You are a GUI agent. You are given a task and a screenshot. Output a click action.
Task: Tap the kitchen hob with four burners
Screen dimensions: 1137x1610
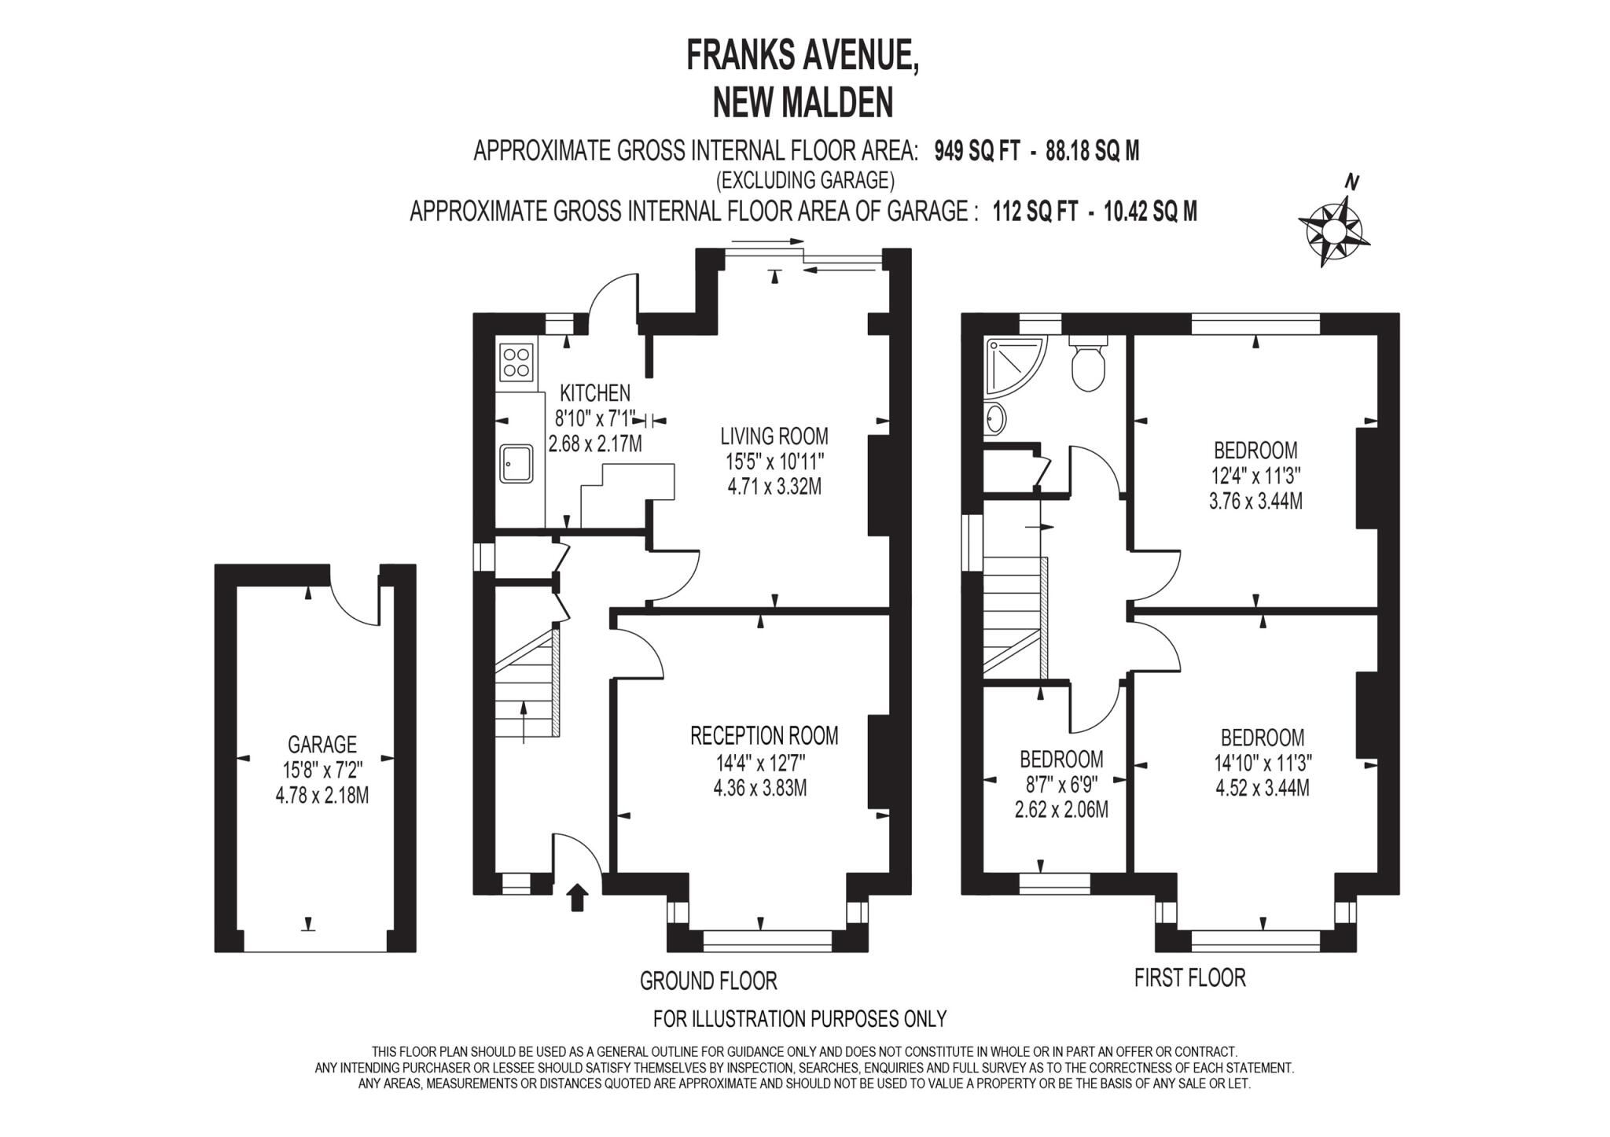point(516,363)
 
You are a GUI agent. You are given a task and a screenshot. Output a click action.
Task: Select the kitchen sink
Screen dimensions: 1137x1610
point(516,464)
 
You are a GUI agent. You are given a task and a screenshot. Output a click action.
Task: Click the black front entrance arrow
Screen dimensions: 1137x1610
point(578,896)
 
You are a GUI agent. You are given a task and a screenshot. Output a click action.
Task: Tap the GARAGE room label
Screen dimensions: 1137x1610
point(322,744)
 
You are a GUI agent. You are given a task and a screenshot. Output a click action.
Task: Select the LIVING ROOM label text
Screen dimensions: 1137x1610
point(774,436)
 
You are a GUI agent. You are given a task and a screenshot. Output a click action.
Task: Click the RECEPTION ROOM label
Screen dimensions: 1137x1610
point(764,736)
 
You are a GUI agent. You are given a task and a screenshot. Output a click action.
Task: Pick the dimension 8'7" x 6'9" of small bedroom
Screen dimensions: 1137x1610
point(1061,784)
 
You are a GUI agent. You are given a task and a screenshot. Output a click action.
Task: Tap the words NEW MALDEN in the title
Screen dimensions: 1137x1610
point(803,102)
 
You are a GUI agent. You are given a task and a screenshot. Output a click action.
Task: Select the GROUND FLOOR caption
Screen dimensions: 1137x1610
point(708,981)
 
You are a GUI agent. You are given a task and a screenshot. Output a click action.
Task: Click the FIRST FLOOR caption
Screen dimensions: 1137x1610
point(1189,977)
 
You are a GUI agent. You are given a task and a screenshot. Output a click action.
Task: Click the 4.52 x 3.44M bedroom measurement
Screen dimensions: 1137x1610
point(1262,788)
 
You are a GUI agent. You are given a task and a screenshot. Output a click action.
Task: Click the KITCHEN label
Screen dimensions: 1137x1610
point(594,392)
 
